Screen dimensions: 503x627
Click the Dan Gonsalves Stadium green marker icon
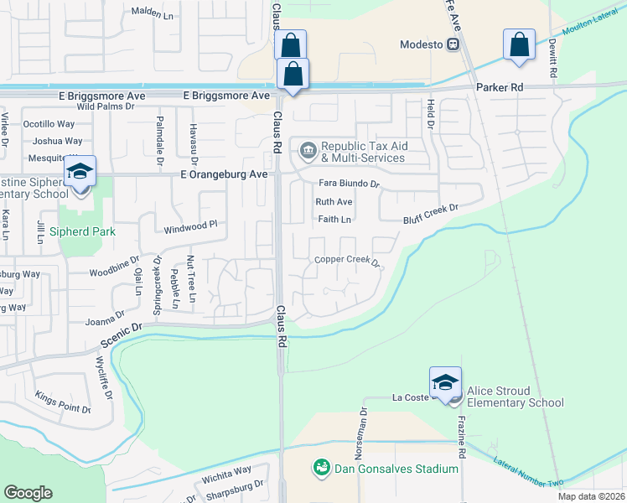coord(319,466)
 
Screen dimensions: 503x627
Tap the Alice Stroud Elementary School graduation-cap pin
coord(445,381)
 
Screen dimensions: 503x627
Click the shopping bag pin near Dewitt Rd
coord(519,45)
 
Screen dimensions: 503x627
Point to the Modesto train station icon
coord(452,44)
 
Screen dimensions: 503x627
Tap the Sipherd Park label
coord(81,231)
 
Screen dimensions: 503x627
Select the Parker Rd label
coord(499,87)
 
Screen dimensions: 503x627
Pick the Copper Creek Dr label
coord(347,260)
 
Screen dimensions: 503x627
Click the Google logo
coord(28,492)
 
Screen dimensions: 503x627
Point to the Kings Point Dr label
coord(63,402)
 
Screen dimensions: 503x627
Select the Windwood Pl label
coord(190,225)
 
